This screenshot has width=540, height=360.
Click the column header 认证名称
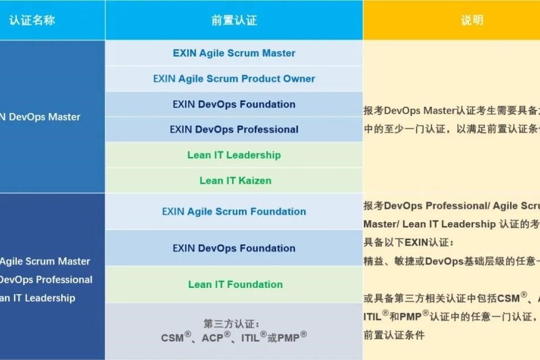coord(32,20)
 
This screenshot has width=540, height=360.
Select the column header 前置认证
coord(234,20)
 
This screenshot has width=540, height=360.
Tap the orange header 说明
coord(472,20)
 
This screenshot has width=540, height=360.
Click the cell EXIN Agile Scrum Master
coord(234,53)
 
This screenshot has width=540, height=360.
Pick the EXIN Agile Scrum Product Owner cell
coord(234,78)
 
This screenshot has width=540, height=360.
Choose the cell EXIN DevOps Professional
coord(234,129)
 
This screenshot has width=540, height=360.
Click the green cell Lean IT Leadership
coord(234,155)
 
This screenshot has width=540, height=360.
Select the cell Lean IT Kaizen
coord(235,181)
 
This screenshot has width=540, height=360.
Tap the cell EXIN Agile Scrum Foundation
coord(234,211)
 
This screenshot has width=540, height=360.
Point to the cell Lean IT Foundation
coord(235,284)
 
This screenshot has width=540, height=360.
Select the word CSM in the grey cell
coord(172,338)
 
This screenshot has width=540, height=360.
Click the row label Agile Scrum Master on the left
coord(44,261)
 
